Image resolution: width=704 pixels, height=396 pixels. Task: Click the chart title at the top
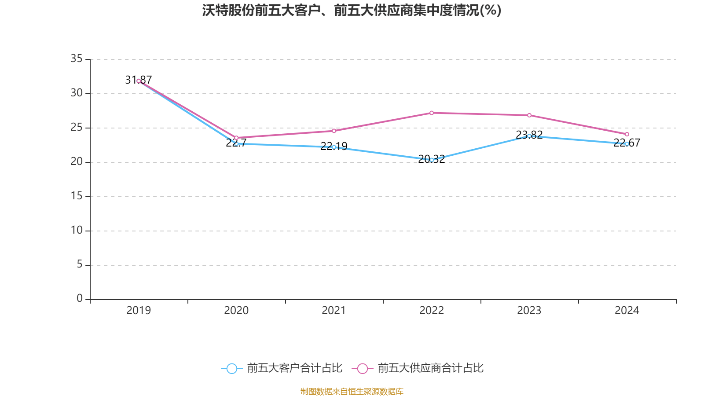(x=352, y=10)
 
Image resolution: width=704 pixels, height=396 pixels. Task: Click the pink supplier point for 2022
(x=432, y=113)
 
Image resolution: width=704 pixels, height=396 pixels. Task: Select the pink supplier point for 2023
(x=529, y=115)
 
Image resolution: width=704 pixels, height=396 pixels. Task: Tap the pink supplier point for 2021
(x=334, y=131)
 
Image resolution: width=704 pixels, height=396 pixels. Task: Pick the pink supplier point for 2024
(x=627, y=134)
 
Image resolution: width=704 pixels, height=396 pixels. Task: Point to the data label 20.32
(x=431, y=159)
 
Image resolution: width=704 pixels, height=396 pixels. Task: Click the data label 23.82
(x=529, y=134)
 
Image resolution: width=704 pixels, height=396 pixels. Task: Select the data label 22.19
(x=334, y=146)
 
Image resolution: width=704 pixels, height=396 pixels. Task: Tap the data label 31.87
(x=138, y=80)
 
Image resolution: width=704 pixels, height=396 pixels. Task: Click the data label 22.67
(x=627, y=143)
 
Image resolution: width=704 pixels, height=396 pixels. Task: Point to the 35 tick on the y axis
(x=77, y=59)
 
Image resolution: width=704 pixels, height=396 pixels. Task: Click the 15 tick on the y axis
(x=77, y=196)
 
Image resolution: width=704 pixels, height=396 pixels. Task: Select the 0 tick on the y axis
(x=79, y=298)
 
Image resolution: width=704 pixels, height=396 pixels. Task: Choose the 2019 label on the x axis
(x=139, y=311)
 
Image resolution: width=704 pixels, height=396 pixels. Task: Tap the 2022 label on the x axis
(x=432, y=311)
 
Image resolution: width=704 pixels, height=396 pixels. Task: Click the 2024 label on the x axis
(x=627, y=311)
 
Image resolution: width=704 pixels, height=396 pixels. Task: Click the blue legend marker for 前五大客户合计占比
(x=231, y=368)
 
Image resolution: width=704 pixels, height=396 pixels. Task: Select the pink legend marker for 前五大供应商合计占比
(x=363, y=368)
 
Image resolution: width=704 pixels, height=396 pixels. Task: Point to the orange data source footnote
(x=352, y=391)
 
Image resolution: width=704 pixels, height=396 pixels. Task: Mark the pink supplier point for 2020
(x=236, y=138)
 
